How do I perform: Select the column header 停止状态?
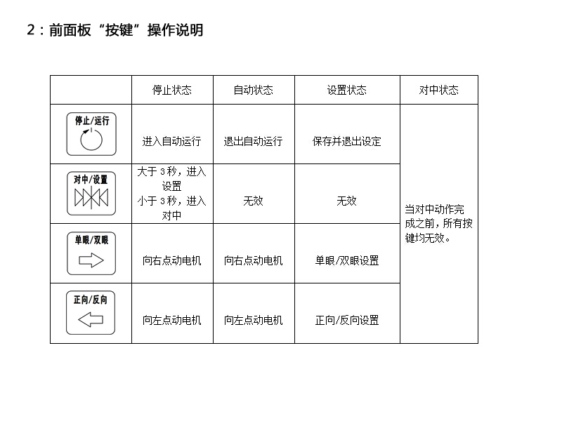point(172,90)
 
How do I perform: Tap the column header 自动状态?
point(254,90)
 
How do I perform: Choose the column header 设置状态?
point(347,90)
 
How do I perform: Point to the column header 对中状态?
point(439,90)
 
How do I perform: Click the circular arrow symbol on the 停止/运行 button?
point(91,140)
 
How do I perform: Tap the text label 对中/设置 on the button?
point(91,180)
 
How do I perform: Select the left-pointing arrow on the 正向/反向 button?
point(91,321)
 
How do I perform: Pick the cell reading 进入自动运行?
point(172,141)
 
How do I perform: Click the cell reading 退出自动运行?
point(254,141)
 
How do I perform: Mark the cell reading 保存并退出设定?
point(347,141)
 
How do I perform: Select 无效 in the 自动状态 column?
point(254,201)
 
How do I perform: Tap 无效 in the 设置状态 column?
point(347,201)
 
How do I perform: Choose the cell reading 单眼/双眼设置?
point(347,260)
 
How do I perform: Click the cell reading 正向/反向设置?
point(347,320)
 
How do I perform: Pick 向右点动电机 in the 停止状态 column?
point(172,260)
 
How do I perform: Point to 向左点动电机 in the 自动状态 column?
point(254,320)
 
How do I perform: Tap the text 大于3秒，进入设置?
point(172,179)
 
